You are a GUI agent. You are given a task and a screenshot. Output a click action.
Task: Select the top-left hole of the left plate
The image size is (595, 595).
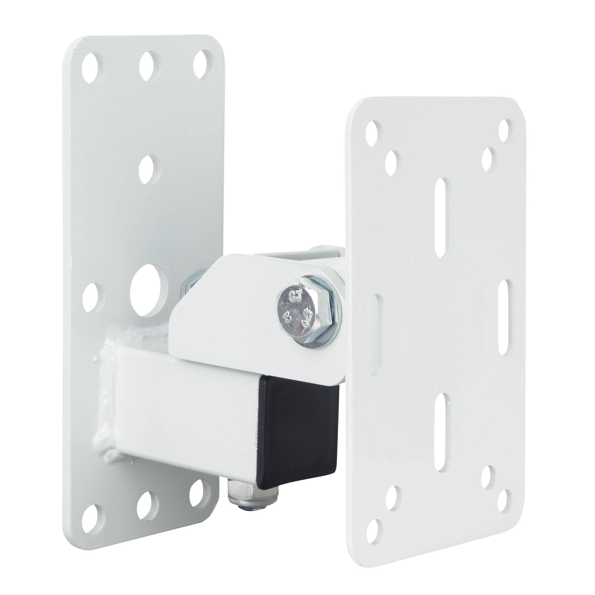click(x=93, y=68)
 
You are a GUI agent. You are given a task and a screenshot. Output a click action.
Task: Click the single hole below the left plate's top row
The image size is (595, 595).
click(x=150, y=170)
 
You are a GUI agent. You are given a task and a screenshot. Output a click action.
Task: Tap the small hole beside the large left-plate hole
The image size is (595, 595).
click(x=93, y=298)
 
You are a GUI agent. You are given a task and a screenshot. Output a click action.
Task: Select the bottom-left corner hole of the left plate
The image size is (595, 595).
click(x=93, y=516)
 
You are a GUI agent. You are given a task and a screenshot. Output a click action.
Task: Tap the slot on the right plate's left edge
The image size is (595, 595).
click(x=376, y=334)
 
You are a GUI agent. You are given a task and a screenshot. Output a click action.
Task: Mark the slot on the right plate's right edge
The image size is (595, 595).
click(x=506, y=318)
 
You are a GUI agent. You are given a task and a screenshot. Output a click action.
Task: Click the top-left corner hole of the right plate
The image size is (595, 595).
click(x=374, y=133)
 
